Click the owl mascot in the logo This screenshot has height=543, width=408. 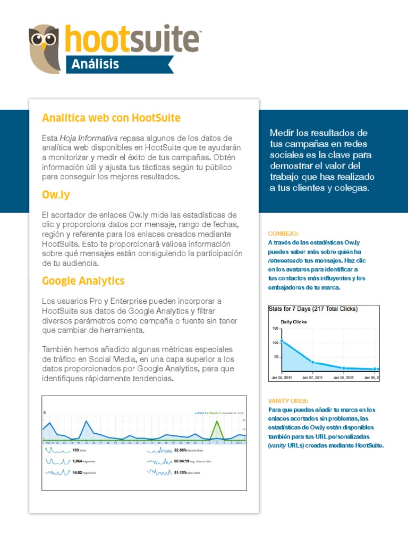[46, 48]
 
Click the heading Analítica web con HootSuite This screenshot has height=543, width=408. [111, 117]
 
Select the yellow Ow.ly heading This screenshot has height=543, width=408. [56, 195]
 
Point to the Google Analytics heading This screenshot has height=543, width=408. [83, 281]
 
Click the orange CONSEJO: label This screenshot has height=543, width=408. [284, 233]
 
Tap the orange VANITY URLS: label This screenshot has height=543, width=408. [288, 401]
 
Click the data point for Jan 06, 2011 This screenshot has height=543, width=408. [282, 341]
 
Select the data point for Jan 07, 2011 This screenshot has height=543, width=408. [312, 362]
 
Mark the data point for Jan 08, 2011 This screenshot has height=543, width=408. [344, 367]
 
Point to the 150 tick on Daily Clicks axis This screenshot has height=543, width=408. [275, 329]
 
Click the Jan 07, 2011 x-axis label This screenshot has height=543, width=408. [312, 378]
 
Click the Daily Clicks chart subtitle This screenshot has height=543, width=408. [294, 322]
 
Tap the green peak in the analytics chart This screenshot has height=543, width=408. [216, 423]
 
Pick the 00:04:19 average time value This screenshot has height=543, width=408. [182, 461]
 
